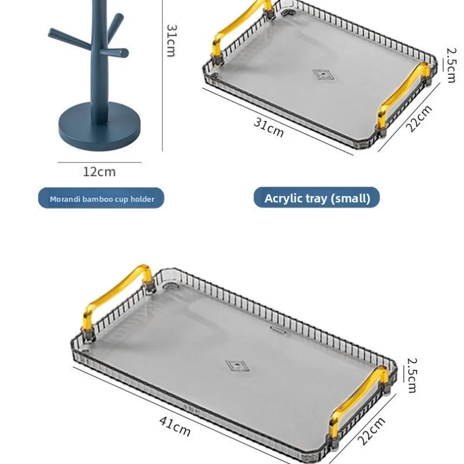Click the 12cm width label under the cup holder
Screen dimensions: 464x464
click(x=99, y=172)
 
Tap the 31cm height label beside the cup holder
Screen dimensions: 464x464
click(x=171, y=41)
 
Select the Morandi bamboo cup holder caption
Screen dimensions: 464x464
click(x=102, y=199)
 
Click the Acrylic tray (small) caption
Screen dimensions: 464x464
click(x=317, y=198)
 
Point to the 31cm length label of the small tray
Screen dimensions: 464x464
click(x=269, y=128)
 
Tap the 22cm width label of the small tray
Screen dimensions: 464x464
click(x=419, y=118)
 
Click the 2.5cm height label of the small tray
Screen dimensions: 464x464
click(x=451, y=66)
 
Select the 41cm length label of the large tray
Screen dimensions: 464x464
click(x=175, y=426)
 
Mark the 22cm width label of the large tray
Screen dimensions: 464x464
click(x=372, y=431)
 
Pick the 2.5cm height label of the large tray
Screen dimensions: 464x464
click(x=412, y=375)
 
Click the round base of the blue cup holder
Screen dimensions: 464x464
click(x=99, y=126)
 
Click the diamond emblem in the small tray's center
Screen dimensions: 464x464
click(x=323, y=75)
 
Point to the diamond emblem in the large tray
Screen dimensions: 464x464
click(x=237, y=366)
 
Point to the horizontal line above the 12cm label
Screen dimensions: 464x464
click(x=99, y=162)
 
